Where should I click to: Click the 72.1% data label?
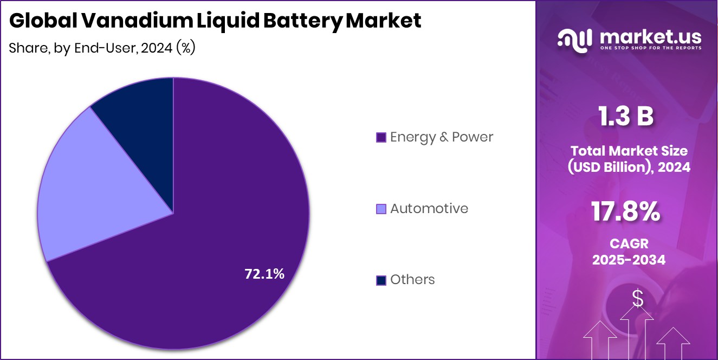[264, 274]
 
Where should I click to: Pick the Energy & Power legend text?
[441, 137]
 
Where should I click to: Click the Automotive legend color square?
[381, 209]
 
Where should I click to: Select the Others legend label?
[412, 280]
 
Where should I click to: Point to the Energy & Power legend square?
[381, 138]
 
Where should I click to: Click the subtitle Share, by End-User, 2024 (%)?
[102, 48]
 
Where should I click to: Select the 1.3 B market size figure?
[626, 117]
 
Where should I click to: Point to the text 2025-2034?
[629, 260]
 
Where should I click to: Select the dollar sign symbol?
[638, 298]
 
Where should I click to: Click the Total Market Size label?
[629, 151]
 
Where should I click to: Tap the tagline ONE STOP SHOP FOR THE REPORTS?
[650, 48]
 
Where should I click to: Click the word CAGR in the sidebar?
[629, 244]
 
